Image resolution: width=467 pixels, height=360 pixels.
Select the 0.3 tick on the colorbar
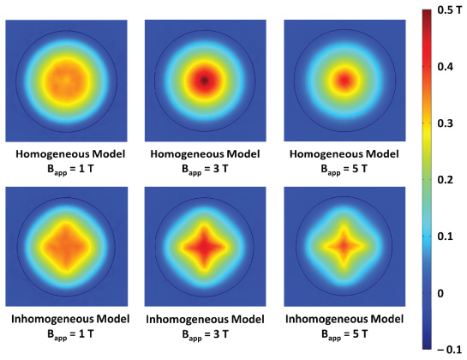tap(442, 123)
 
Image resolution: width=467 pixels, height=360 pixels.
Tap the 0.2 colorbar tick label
tap(442, 180)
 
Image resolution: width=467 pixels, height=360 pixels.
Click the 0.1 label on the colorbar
tap(442, 237)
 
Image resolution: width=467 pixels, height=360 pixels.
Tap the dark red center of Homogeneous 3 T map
tap(204, 81)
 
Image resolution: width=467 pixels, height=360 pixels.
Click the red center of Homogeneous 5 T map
tap(343, 81)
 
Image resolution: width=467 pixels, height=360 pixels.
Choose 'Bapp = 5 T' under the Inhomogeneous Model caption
tap(343, 335)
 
